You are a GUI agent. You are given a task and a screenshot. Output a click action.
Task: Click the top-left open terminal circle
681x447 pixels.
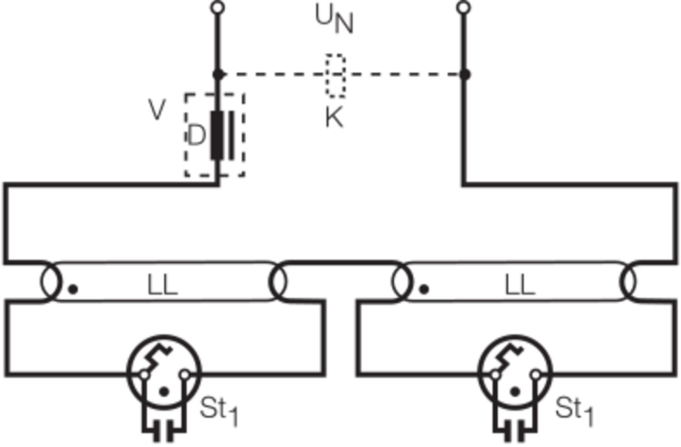pos(217,8)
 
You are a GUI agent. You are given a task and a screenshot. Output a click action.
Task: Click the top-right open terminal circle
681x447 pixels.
pos(464,8)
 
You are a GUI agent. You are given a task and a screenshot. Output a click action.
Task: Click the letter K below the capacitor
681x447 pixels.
pos(334,119)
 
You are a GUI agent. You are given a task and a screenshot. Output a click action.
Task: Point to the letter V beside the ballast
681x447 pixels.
pos(157,110)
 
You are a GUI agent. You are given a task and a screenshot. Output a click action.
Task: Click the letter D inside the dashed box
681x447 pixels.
pos(195,136)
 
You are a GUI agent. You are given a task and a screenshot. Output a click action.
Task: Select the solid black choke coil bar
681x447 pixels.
pos(217,135)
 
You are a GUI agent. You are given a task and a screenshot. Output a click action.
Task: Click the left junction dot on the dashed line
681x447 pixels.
pos(218,74)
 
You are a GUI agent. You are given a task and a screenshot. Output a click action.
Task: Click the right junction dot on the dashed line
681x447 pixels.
pos(464,74)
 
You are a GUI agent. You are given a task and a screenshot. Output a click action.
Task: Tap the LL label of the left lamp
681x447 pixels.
pos(163,286)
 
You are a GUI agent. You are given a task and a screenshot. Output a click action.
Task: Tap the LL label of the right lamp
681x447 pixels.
pos(520,286)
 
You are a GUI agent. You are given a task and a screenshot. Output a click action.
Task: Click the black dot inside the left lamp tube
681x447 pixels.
pos(74,289)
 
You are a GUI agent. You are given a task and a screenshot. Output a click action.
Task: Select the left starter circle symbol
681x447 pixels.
pos(164,374)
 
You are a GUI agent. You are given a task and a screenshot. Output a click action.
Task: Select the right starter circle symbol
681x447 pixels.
pos(516,374)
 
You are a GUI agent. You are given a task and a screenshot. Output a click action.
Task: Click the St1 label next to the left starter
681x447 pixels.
pos(219,410)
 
